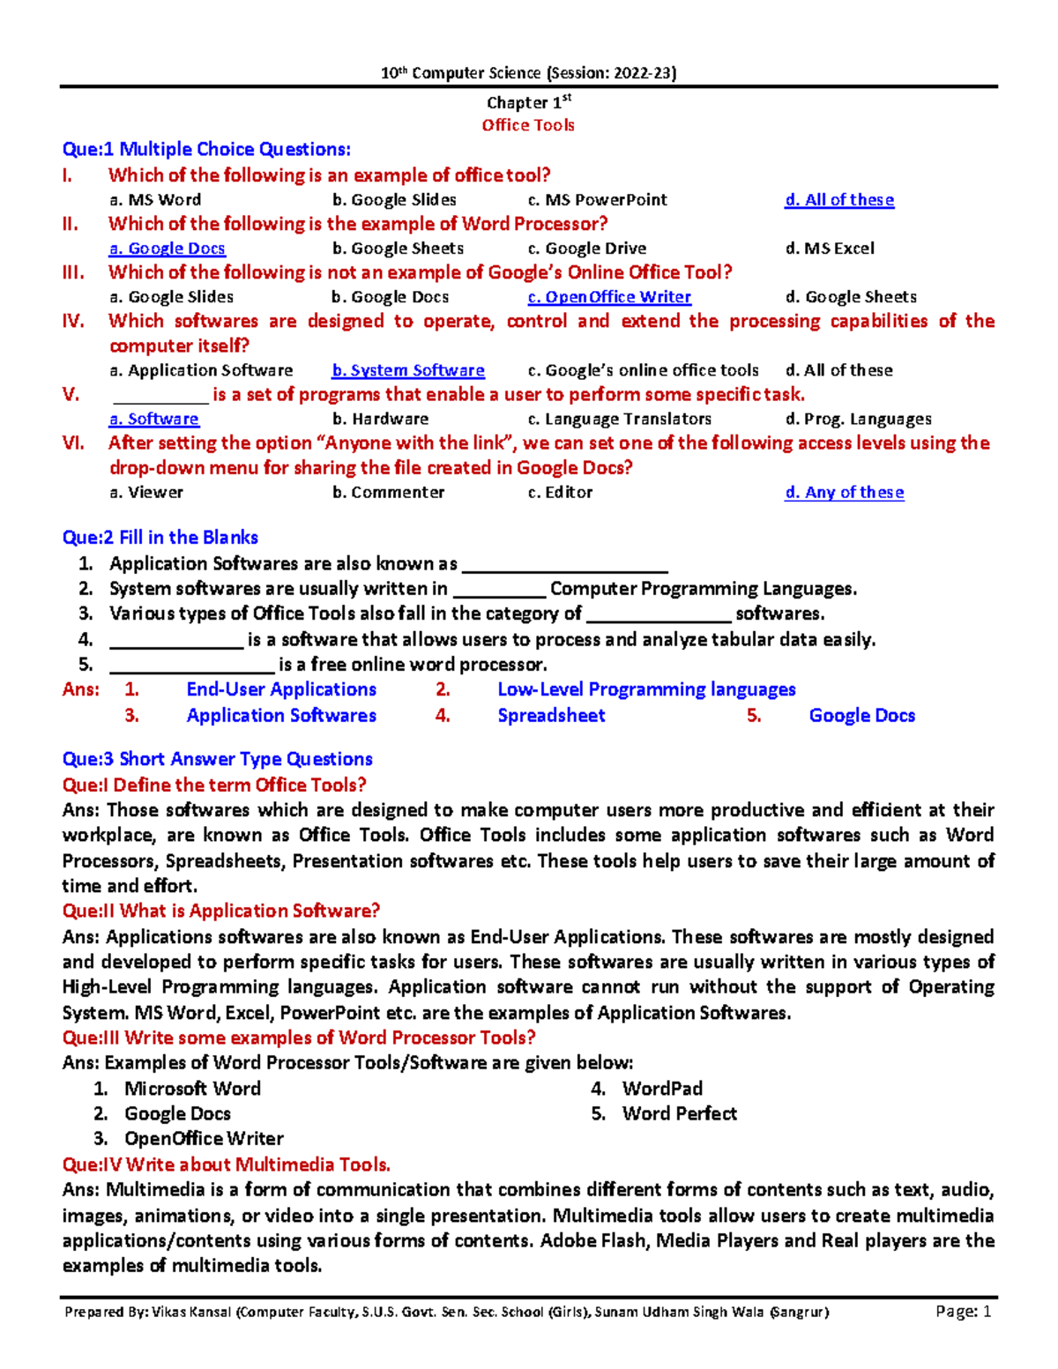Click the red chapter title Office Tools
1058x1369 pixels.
pyautogui.click(x=527, y=125)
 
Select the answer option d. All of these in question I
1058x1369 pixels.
pyautogui.click(x=839, y=200)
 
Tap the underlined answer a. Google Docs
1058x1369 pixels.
pyautogui.click(x=168, y=249)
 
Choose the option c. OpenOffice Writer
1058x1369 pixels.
pyautogui.click(x=609, y=297)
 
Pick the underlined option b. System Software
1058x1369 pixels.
pyautogui.click(x=408, y=370)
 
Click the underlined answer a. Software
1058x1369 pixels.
pyautogui.click(x=154, y=419)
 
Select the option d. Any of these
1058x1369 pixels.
pyautogui.click(x=844, y=492)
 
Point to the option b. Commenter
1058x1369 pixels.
pyautogui.click(x=389, y=492)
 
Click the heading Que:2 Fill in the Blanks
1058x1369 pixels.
pyautogui.click(x=160, y=537)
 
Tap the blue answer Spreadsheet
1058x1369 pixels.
pyautogui.click(x=551, y=715)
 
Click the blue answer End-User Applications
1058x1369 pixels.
pyautogui.click(x=281, y=689)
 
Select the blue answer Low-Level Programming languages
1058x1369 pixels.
pyautogui.click(x=646, y=689)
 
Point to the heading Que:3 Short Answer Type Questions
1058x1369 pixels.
pyautogui.click(x=217, y=759)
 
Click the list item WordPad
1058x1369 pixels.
pyautogui.click(x=662, y=1089)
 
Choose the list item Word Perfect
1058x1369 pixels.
pyautogui.click(x=679, y=1113)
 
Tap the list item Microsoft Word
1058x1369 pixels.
pyautogui.click(x=192, y=1089)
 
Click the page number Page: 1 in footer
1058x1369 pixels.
pyautogui.click(x=964, y=1312)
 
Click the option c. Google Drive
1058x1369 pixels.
pyautogui.click(x=587, y=249)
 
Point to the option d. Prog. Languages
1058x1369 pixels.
pyautogui.click(x=858, y=419)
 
